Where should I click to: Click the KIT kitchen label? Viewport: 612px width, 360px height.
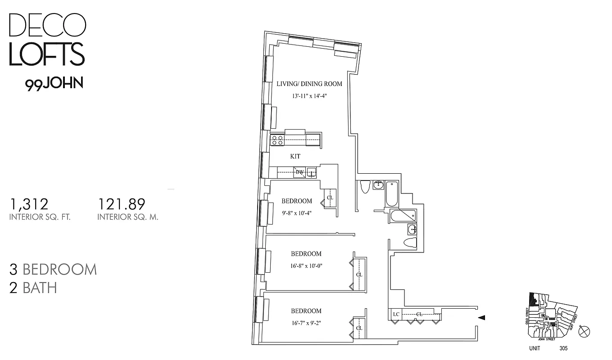click(295, 157)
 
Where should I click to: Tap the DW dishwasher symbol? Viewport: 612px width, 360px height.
click(299, 172)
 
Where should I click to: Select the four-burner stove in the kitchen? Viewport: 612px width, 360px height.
click(277, 140)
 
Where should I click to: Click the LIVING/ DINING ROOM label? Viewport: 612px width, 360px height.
click(309, 84)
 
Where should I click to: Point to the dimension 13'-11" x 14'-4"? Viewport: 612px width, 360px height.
click(309, 96)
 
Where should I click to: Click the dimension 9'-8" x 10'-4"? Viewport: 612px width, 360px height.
click(296, 213)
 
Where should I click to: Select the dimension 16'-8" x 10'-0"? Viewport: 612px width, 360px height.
click(306, 265)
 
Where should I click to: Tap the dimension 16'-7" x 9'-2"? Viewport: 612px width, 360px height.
click(306, 323)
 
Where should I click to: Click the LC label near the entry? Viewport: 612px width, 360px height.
click(396, 314)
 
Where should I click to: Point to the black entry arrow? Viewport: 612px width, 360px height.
click(481, 318)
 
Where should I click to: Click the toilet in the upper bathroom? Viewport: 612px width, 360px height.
click(365, 186)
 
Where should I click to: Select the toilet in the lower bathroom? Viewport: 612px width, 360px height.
click(410, 243)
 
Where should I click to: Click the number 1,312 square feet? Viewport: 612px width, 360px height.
click(29, 205)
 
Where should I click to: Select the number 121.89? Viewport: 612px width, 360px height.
click(122, 205)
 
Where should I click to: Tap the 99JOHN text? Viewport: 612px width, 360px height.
click(54, 84)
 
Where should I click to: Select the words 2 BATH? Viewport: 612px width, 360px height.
click(33, 288)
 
